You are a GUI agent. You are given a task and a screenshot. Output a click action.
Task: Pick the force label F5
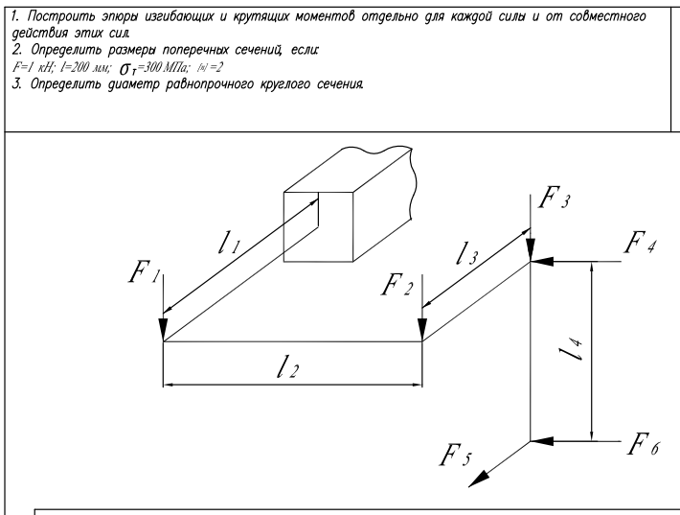(454, 456)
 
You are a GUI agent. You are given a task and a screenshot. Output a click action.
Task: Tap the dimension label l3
(469, 253)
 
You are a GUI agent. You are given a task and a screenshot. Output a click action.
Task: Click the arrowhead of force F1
(164, 332)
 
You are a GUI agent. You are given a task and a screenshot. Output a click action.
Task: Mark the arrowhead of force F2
(422, 332)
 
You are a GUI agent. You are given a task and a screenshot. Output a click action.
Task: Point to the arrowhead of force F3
(531, 252)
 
